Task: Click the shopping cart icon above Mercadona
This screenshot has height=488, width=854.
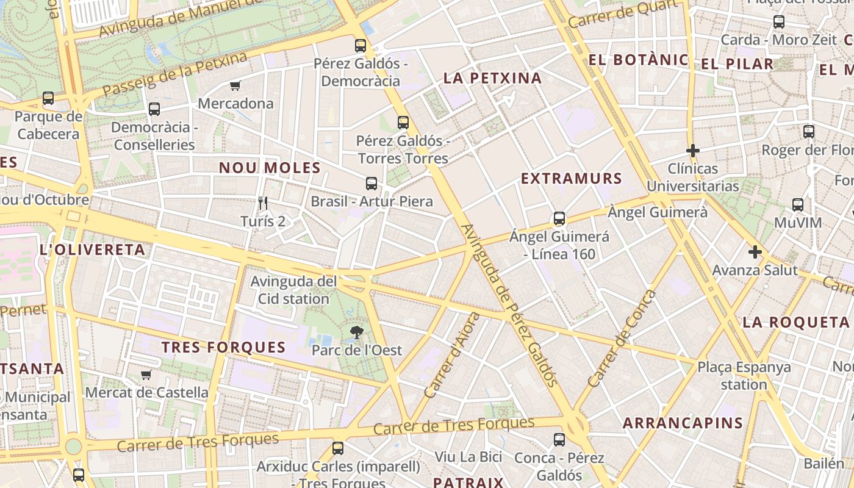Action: pyautogui.click(x=235, y=85)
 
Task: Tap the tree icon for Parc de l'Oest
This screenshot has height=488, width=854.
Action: pyautogui.click(x=356, y=332)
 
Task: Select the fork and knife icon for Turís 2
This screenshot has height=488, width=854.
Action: pyautogui.click(x=263, y=203)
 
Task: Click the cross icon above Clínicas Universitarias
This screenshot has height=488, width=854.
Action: pyautogui.click(x=692, y=150)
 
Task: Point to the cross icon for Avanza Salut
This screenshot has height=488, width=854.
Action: pyautogui.click(x=755, y=251)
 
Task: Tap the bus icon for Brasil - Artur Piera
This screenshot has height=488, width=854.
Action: pyautogui.click(x=371, y=183)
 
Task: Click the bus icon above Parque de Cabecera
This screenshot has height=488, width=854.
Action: pyautogui.click(x=48, y=98)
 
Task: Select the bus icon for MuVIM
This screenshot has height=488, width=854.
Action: pyautogui.click(x=797, y=205)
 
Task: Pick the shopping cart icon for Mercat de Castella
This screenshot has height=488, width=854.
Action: pyautogui.click(x=146, y=375)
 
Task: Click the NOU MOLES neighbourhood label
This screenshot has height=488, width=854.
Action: pyautogui.click(x=270, y=168)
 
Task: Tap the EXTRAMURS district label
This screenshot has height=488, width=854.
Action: pyautogui.click(x=571, y=179)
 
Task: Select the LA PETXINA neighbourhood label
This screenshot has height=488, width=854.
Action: pyautogui.click(x=492, y=78)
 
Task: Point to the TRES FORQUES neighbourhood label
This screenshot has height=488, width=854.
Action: pyautogui.click(x=223, y=347)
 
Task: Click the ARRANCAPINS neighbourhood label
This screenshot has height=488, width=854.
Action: pyautogui.click(x=683, y=423)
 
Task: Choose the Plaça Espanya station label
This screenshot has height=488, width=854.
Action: pyautogui.click(x=744, y=376)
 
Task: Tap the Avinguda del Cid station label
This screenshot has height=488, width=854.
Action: pyautogui.click(x=293, y=290)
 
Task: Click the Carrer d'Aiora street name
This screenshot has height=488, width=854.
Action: pyautogui.click(x=452, y=356)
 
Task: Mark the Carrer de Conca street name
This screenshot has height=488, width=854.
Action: pyautogui.click(x=622, y=339)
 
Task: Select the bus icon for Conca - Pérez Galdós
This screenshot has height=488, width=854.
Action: pyautogui.click(x=559, y=439)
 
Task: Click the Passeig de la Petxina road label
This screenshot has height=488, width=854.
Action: pyautogui.click(x=174, y=74)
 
